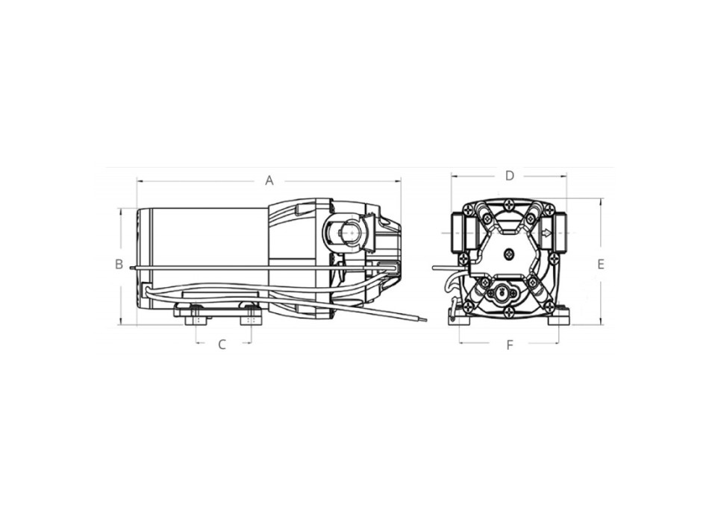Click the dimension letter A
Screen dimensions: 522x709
[x=269, y=180]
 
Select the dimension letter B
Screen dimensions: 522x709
[x=119, y=264]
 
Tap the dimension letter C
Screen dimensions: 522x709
[x=222, y=345]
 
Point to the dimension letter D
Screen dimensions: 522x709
[x=510, y=176]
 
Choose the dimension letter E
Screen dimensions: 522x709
[x=601, y=264]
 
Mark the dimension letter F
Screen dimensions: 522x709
[x=510, y=345]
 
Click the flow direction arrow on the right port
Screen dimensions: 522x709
[x=548, y=233]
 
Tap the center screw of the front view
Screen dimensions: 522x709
[x=509, y=255]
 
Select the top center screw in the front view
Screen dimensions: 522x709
[x=509, y=203]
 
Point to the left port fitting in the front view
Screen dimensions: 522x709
[x=463, y=233]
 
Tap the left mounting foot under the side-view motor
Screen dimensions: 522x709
[x=196, y=316]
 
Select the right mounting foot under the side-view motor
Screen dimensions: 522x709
[x=250, y=316]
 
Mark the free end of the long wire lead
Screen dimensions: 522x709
[x=425, y=321]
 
